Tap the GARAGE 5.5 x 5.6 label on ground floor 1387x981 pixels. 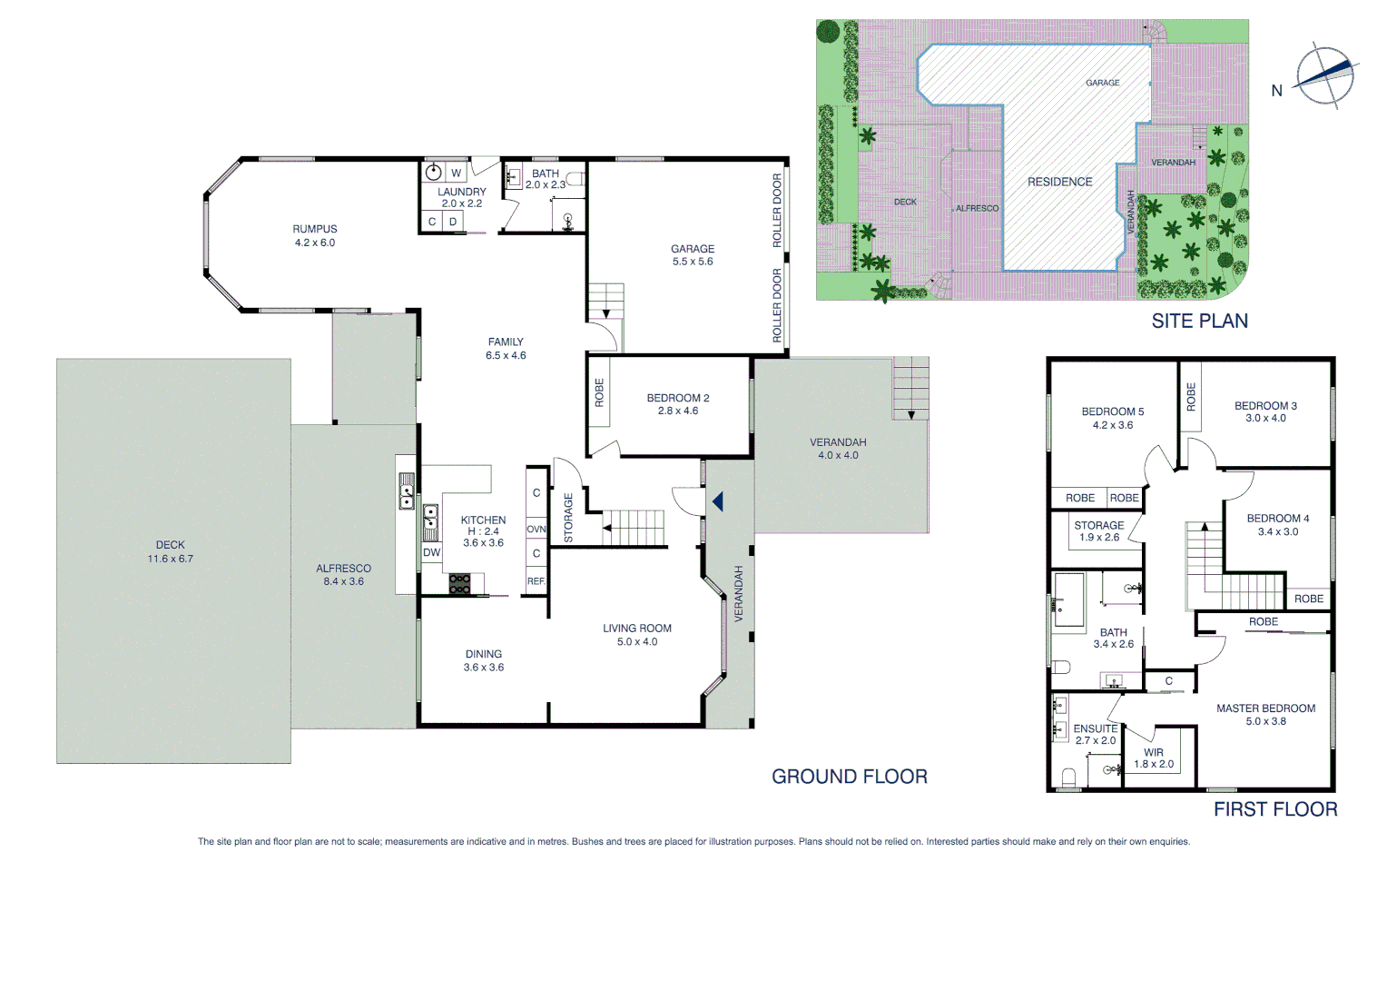(693, 254)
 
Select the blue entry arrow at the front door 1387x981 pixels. (718, 501)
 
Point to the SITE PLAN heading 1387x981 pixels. (1199, 321)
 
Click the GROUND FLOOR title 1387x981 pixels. (849, 777)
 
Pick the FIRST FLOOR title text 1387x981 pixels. (1274, 809)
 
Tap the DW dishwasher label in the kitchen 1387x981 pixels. (431, 552)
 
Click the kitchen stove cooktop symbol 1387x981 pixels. (459, 584)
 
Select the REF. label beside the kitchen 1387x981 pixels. (536, 581)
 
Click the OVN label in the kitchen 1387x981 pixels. (536, 529)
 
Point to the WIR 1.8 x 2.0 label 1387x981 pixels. (1153, 758)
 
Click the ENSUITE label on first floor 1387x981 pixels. (1095, 728)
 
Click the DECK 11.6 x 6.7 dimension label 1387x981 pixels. (170, 552)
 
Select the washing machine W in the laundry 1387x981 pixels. (456, 173)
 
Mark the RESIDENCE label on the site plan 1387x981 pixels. (1059, 182)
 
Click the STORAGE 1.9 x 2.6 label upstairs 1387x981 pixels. (1098, 531)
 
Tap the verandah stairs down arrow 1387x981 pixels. (910, 414)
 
